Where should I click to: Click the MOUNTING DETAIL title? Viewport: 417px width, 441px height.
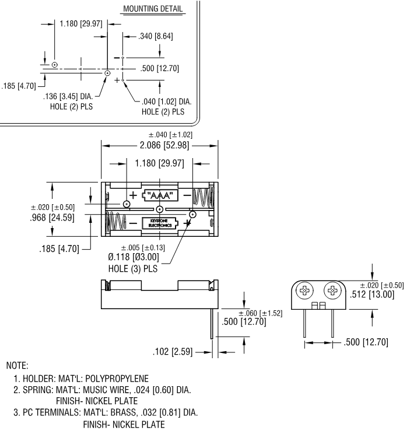(x=152, y=9)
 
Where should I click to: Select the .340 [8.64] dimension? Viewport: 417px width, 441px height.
(x=155, y=37)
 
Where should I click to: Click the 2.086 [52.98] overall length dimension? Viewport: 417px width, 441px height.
(x=160, y=145)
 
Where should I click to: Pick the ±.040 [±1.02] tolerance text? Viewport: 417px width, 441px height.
(x=167, y=135)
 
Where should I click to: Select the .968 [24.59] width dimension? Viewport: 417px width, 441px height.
(x=52, y=218)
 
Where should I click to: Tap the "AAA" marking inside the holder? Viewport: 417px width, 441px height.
(x=160, y=195)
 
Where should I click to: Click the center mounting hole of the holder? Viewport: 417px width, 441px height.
(x=159, y=209)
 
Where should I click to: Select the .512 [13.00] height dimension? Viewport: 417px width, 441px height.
(x=372, y=295)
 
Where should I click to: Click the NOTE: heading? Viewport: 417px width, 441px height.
(x=17, y=366)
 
